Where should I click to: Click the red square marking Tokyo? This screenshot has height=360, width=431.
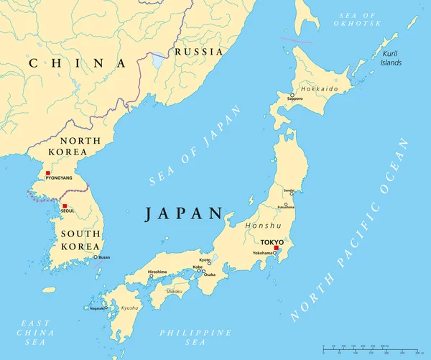tap(277, 248)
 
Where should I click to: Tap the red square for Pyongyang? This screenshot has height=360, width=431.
tap(48, 173)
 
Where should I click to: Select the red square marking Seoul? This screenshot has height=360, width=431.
tap(64, 206)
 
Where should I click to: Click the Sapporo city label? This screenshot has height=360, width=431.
tap(295, 98)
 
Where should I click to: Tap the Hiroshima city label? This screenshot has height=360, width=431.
tap(157, 272)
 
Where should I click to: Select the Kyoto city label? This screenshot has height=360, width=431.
tap(205, 259)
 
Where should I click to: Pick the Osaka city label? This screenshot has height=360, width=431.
tap(209, 274)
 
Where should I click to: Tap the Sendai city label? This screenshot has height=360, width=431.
tap(289, 190)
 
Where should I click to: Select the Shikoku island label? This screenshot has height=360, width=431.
tap(175, 291)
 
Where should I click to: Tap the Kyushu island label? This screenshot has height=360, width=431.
tap(130, 307)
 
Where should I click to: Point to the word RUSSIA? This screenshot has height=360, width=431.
tap(199, 52)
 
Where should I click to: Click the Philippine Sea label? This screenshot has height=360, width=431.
tap(196, 338)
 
